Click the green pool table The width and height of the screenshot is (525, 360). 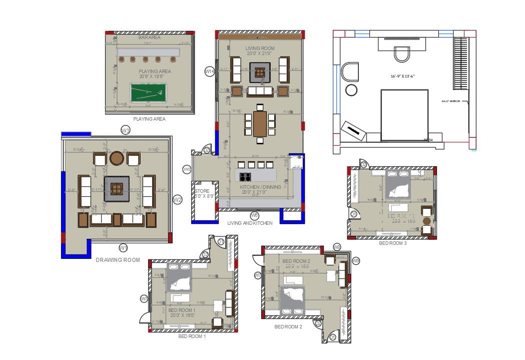pyautogui.click(x=148, y=93)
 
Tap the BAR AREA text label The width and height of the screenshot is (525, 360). pyautogui.click(x=149, y=38)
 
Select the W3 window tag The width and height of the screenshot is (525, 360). pyautogui.click(x=126, y=131)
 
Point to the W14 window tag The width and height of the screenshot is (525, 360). pyautogui.click(x=210, y=72)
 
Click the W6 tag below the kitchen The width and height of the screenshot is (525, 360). pyautogui.click(x=254, y=215)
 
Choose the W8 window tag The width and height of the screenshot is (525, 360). pyautogui.click(x=337, y=247)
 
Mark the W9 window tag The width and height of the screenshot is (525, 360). pyautogui.click(x=356, y=261)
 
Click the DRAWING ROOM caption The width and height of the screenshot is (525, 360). pyautogui.click(x=118, y=260)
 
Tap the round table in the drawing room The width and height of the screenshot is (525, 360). pyautogui.click(x=117, y=158)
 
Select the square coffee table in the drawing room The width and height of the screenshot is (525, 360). pyautogui.click(x=117, y=189)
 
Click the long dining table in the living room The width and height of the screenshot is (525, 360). pyautogui.click(x=260, y=124)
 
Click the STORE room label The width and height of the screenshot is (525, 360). pyautogui.click(x=202, y=191)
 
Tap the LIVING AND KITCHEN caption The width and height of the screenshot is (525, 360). pyautogui.click(x=250, y=223)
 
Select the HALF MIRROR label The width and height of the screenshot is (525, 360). pyautogui.click(x=450, y=101)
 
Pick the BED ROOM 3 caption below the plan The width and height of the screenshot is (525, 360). pyautogui.click(x=392, y=243)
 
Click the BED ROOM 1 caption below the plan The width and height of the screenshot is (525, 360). pyautogui.click(x=192, y=336)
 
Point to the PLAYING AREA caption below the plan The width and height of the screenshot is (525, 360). pyautogui.click(x=149, y=119)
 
